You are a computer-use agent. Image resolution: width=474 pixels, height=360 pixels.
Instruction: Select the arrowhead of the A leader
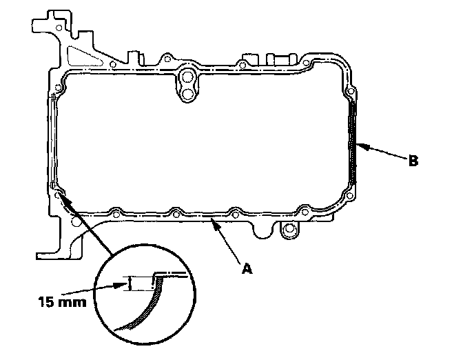point(216,222)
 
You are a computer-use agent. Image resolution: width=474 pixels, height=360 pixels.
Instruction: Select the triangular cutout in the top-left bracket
point(78,49)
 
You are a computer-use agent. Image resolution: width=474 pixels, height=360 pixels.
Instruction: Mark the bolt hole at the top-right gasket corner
point(351,90)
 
